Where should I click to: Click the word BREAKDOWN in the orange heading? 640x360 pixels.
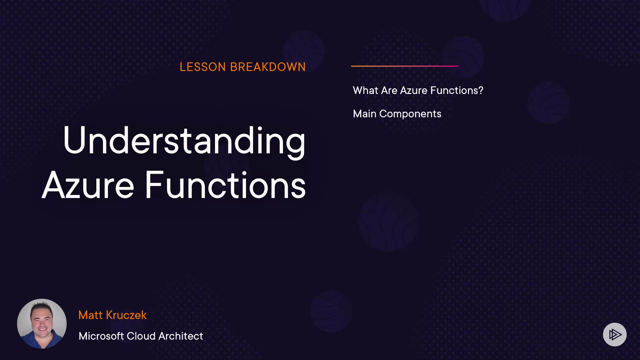268,67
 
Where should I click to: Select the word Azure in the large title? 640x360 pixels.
88,185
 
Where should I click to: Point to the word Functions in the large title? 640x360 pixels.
225,185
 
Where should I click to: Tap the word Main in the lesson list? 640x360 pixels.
365,114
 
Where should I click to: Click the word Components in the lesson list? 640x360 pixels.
410,114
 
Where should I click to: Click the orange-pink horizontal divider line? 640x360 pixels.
405,66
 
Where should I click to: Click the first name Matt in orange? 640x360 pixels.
90,315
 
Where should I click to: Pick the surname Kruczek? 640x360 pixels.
126,315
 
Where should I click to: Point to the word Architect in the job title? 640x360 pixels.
181,336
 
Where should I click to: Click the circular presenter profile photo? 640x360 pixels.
42,324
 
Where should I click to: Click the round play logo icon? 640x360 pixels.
615,334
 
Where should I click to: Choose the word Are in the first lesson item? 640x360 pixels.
389,90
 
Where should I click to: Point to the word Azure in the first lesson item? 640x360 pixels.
414,90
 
